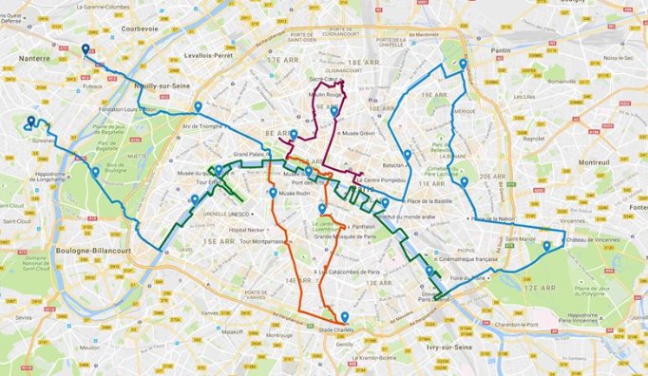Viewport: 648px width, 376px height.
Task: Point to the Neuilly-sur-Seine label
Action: [160, 85]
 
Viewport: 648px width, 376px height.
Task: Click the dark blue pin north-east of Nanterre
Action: [86, 50]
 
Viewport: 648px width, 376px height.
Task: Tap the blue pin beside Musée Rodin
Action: [273, 193]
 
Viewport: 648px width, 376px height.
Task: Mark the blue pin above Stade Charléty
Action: [344, 318]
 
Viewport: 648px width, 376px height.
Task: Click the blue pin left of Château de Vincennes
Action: [546, 247]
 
